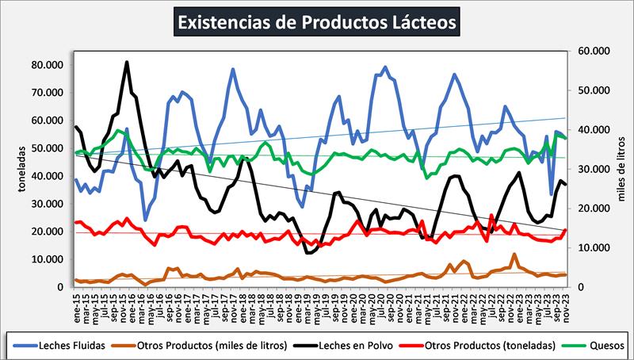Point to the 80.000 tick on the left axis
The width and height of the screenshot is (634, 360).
pyautogui.click(x=49, y=65)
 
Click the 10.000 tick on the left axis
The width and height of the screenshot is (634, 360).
pyautogui.click(x=49, y=259)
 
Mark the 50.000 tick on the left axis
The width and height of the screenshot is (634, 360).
pyautogui.click(x=49, y=148)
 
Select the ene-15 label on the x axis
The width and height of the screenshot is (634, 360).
pyautogui.click(x=76, y=301)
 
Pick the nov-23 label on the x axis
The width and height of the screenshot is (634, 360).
pyautogui.click(x=565, y=301)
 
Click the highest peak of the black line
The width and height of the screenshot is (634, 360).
pyautogui.click(x=127, y=62)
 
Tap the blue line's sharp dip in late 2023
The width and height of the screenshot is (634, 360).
pyautogui.click(x=551, y=193)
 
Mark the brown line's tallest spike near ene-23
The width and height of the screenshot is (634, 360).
pyautogui.click(x=514, y=255)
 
